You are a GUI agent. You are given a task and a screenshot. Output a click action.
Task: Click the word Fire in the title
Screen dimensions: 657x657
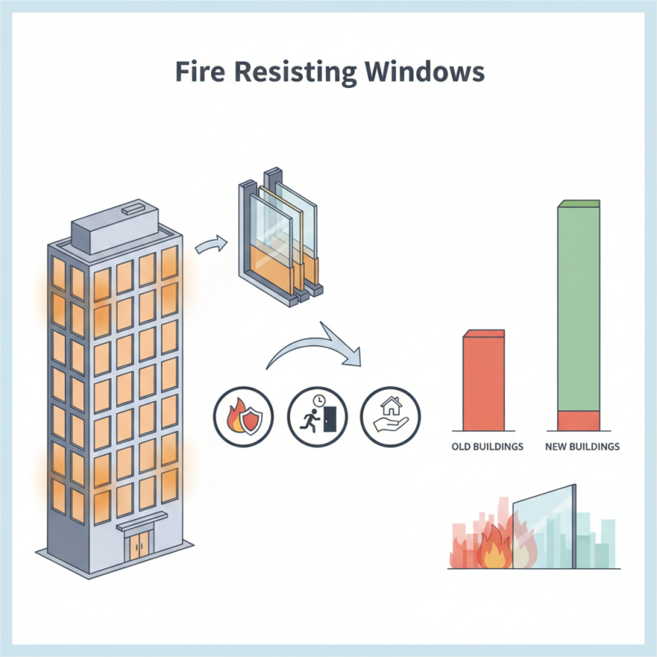201,71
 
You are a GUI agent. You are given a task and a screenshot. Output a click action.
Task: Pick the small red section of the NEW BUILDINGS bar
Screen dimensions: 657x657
580,420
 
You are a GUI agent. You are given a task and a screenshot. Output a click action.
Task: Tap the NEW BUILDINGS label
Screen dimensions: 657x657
581,448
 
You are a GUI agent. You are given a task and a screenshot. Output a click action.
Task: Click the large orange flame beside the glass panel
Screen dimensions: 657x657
495,549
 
